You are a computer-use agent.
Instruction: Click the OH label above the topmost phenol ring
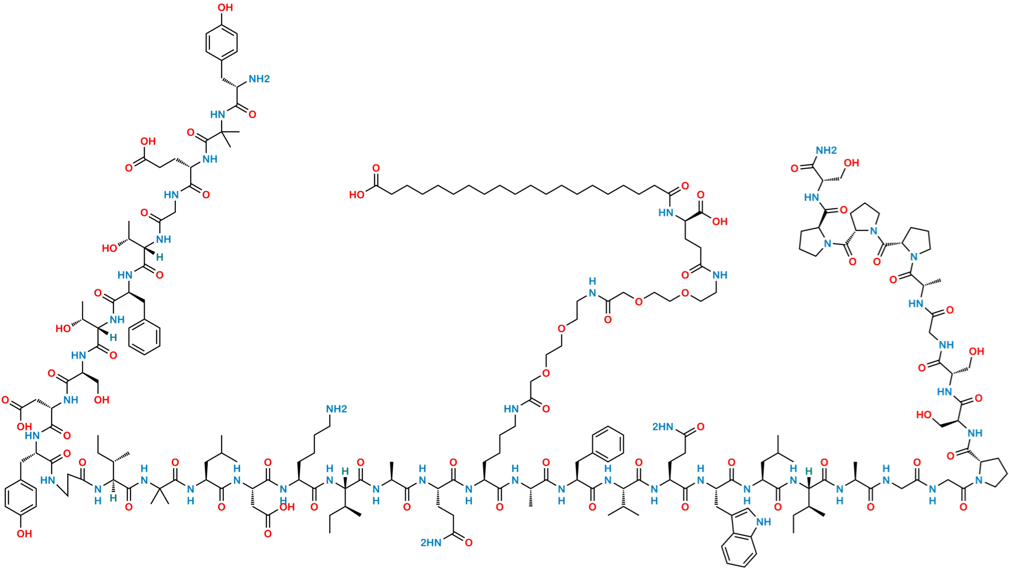(x=225, y=8)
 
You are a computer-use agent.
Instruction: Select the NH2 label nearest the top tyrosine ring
(x=259, y=79)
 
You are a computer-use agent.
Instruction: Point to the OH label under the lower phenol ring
(x=24, y=533)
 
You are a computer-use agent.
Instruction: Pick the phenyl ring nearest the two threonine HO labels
(x=145, y=337)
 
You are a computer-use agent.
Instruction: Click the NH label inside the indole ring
(x=763, y=522)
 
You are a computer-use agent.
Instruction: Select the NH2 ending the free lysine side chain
(x=336, y=409)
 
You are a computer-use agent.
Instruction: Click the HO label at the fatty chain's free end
(x=357, y=195)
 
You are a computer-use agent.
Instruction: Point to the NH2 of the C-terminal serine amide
(x=826, y=150)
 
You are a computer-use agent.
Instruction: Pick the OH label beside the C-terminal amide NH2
(x=852, y=163)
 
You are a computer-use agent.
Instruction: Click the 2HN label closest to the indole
(x=662, y=427)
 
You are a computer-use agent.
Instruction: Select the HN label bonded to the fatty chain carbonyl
(x=666, y=212)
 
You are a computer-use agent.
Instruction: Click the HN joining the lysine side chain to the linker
(x=511, y=409)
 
